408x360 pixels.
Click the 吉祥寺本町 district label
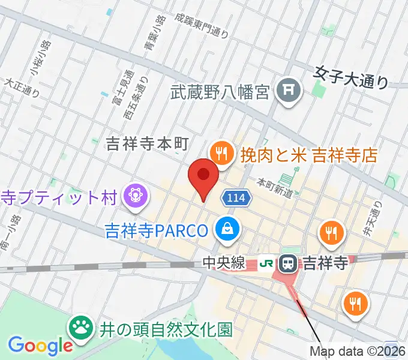pos(147,143)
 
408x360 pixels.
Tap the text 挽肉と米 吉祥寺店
pos(309,155)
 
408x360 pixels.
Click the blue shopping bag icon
pos(229,228)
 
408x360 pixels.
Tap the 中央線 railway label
pos(224,263)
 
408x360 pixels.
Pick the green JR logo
pos(267,263)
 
